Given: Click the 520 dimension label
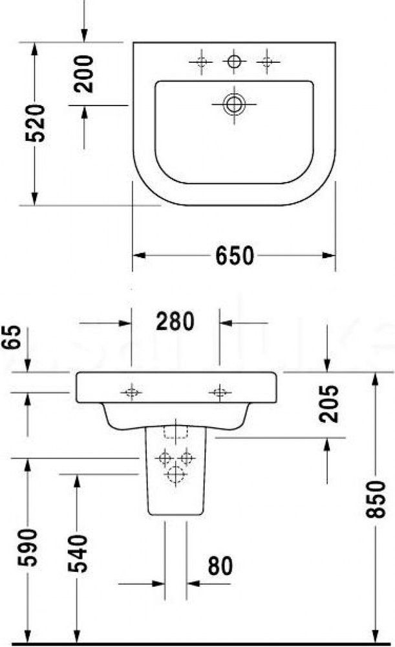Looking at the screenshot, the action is click(x=35, y=123).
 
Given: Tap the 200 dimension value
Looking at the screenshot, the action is click(x=83, y=74).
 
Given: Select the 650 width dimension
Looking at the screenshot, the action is click(x=234, y=256).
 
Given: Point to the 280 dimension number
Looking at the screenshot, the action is click(x=175, y=322).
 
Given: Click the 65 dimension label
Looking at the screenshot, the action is click(x=12, y=337).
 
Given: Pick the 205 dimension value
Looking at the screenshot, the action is click(x=328, y=404).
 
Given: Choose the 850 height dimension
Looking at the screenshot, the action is click(x=375, y=499).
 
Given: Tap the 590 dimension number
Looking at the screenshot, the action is click(x=28, y=547).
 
